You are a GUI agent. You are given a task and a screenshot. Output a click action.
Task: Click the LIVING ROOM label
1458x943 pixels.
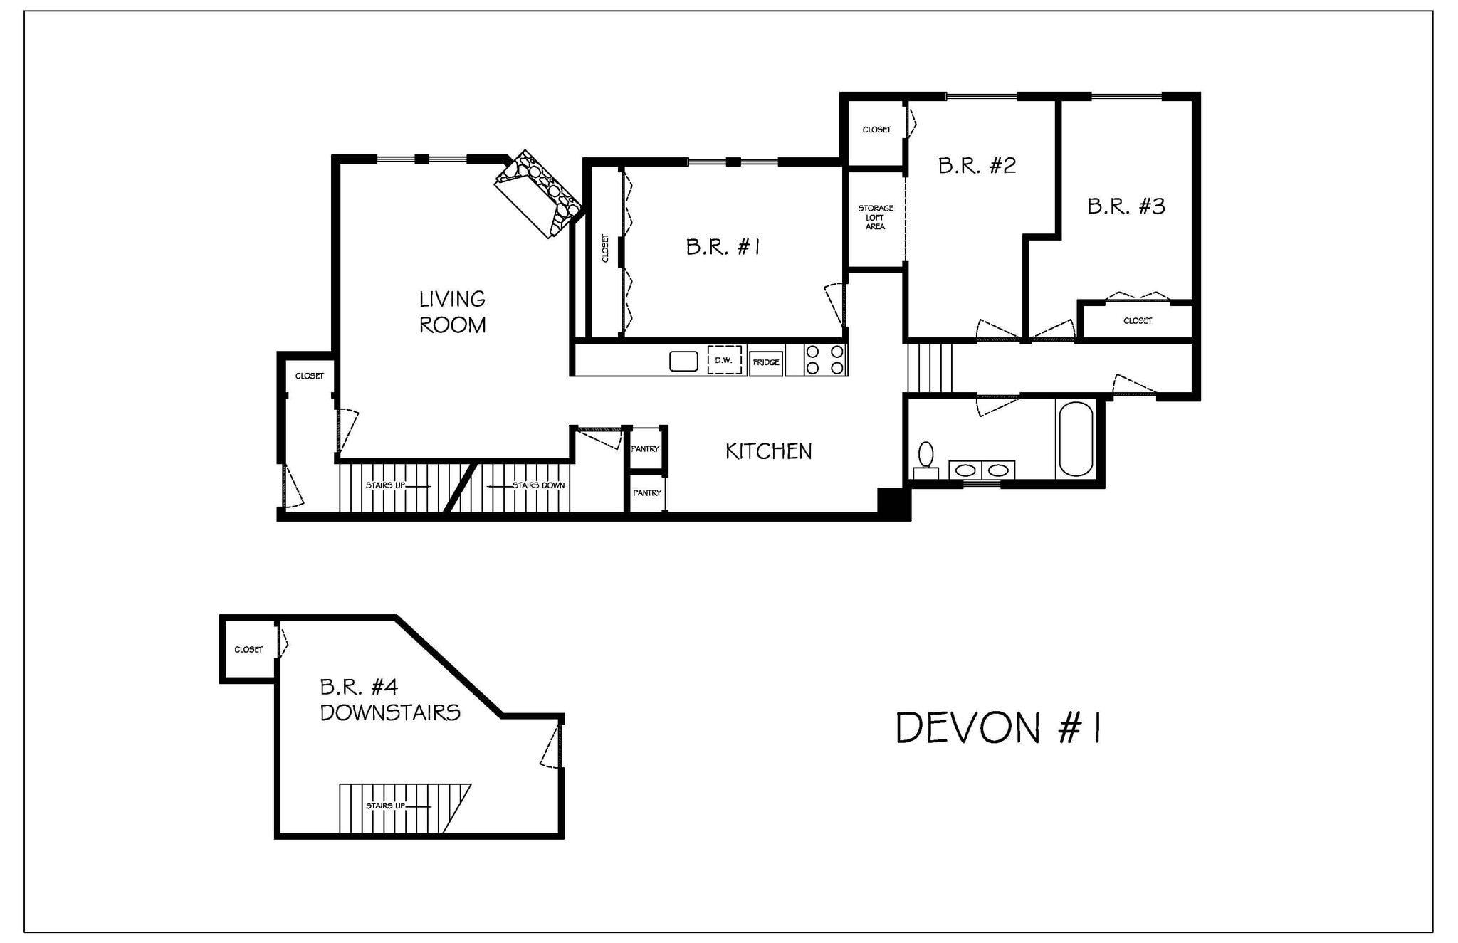(x=452, y=312)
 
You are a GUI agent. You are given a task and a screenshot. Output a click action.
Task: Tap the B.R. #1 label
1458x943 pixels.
(x=723, y=247)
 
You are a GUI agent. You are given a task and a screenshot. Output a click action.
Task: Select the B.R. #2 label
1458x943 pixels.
(x=977, y=166)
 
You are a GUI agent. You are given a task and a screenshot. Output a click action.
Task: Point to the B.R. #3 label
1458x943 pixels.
(x=1126, y=206)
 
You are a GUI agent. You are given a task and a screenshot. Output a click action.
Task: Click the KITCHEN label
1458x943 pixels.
(x=768, y=451)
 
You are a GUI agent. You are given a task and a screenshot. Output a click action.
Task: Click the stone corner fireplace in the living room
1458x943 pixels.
(x=539, y=193)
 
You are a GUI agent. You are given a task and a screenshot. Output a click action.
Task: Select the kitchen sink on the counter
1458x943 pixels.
(x=683, y=362)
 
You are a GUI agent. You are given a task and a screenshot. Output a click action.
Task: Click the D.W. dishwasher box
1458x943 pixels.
(x=724, y=360)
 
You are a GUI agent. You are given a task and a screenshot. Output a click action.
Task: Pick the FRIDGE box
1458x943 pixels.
(x=766, y=362)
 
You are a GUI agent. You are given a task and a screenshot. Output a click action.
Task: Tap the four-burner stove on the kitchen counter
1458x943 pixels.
(x=824, y=359)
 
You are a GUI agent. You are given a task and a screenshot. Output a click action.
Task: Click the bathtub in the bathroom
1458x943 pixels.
(x=1075, y=439)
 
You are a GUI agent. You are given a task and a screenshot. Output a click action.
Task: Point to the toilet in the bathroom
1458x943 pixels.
(x=925, y=459)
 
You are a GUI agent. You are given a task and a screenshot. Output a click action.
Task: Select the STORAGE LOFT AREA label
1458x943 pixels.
(x=875, y=217)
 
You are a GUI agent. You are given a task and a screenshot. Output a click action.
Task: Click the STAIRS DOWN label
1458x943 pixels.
(x=538, y=485)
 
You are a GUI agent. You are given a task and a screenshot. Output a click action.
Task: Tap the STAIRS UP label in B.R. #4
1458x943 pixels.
(x=385, y=806)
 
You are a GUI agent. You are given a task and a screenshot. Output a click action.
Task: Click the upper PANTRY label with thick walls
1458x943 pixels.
(x=645, y=449)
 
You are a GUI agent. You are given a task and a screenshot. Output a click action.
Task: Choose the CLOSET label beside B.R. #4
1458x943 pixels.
(x=248, y=650)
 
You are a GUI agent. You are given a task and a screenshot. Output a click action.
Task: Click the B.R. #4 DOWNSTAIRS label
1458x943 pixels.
(x=389, y=700)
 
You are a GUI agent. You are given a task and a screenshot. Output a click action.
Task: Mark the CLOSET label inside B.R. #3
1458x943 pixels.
(x=1137, y=321)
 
